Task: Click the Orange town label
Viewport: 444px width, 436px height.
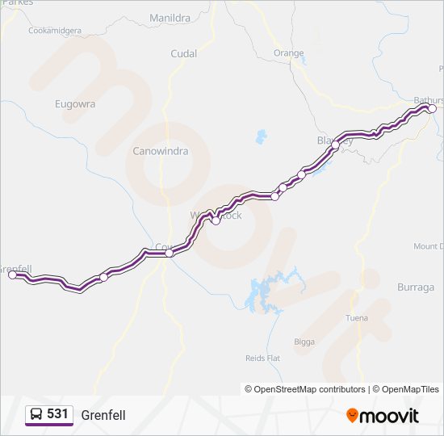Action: pyautogui.click(x=288, y=53)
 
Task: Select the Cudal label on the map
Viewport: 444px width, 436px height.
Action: pyautogui.click(x=183, y=53)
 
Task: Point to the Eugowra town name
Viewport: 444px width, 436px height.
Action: pyautogui.click(x=75, y=103)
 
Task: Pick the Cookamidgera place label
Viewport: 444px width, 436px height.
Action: pyautogui.click(x=55, y=31)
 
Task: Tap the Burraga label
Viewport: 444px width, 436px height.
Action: pyautogui.click(x=416, y=287)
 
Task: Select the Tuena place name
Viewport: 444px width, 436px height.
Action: pyautogui.click(x=356, y=317)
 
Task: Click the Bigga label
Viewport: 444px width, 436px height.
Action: pyautogui.click(x=304, y=342)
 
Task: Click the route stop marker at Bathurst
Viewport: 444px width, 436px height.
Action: pyautogui.click(x=432, y=108)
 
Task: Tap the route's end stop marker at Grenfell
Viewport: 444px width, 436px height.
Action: pyautogui.click(x=12, y=275)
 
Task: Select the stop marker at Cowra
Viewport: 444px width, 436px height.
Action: pyautogui.click(x=169, y=254)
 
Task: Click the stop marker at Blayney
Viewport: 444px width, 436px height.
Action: pyautogui.click(x=336, y=145)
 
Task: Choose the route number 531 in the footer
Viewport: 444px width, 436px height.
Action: pyautogui.click(x=57, y=414)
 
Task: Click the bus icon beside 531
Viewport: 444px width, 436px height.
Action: pyautogui.click(x=36, y=415)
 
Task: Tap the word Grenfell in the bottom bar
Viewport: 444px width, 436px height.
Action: pyautogui.click(x=103, y=415)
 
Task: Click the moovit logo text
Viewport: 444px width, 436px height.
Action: pyautogui.click(x=389, y=416)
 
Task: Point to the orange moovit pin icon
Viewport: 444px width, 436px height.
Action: pyautogui.click(x=351, y=416)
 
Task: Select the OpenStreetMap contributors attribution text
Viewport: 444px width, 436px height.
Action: pyautogui.click(x=305, y=389)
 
